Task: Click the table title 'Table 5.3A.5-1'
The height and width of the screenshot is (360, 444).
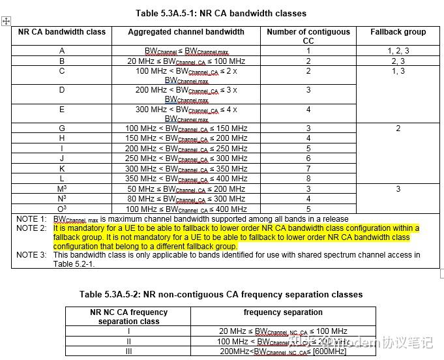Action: pyautogui.click(x=221, y=13)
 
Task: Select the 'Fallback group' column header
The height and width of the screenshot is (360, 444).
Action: pyautogui.click(x=398, y=31)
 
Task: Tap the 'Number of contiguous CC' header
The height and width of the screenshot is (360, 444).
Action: pyautogui.click(x=308, y=36)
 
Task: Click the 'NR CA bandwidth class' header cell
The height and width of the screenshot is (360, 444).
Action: pyautogui.click(x=62, y=31)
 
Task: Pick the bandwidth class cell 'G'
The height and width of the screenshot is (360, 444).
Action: pyautogui.click(x=62, y=128)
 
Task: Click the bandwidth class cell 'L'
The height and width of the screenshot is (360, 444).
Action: pyautogui.click(x=62, y=178)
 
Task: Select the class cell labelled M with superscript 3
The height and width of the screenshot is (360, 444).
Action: pyautogui.click(x=62, y=189)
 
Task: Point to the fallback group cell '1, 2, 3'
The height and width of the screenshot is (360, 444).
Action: pyautogui.click(x=398, y=51)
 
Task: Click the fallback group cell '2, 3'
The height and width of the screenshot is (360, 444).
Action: pyautogui.click(x=398, y=61)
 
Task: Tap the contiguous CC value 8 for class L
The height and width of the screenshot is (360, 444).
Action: pyautogui.click(x=308, y=178)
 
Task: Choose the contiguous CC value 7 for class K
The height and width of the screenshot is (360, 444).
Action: pyautogui.click(x=308, y=168)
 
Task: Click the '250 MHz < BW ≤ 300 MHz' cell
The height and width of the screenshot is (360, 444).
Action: pyautogui.click(x=186, y=158)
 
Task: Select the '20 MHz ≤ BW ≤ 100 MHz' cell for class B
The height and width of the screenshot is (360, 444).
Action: pyautogui.click(x=186, y=61)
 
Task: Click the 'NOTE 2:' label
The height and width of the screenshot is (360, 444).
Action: pyautogui.click(x=31, y=228)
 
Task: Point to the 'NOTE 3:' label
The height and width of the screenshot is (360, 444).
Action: pyautogui.click(x=31, y=254)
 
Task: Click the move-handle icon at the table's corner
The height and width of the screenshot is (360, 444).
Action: pyautogui.click(x=7, y=21)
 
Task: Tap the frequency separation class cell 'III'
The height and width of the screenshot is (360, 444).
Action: pyautogui.click(x=128, y=352)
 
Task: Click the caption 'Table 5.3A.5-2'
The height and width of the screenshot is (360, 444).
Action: pyautogui.click(x=221, y=294)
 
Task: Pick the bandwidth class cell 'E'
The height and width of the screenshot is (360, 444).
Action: pyautogui.click(x=62, y=110)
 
